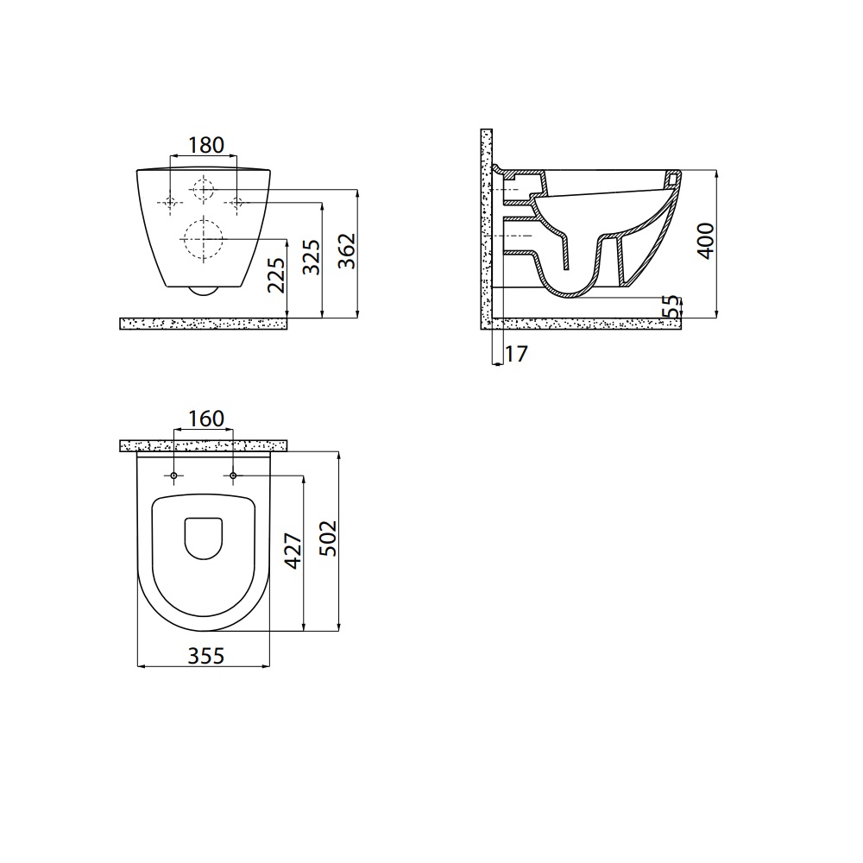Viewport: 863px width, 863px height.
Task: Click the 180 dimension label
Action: click(206, 145)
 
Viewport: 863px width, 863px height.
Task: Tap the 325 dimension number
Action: click(312, 256)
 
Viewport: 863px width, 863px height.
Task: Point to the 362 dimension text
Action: click(347, 251)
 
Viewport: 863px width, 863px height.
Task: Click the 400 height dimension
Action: click(706, 241)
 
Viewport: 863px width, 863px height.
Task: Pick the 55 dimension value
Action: click(671, 306)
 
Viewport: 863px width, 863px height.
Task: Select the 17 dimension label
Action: click(516, 354)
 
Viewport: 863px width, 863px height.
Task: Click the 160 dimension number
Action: click(206, 419)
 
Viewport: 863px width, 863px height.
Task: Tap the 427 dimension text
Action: click(293, 551)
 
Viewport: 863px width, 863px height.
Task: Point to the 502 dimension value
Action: click(328, 539)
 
